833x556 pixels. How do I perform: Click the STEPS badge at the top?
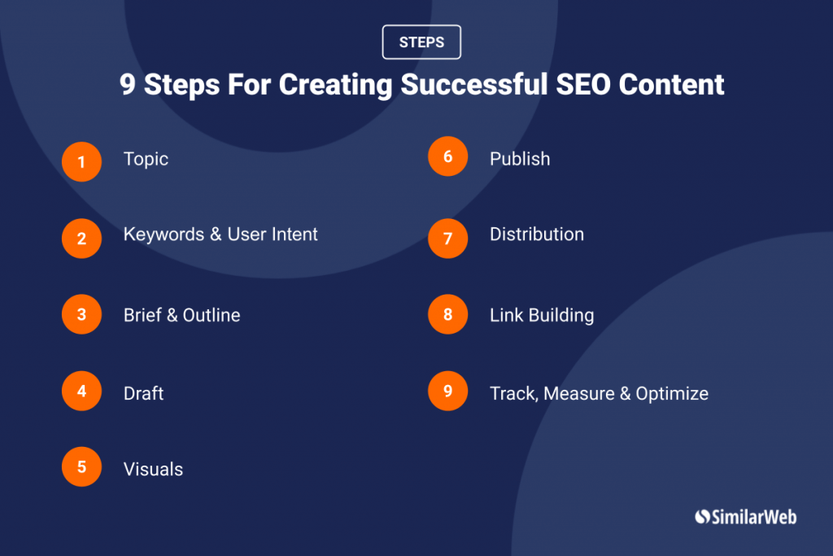(421, 42)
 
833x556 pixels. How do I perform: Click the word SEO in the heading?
(582, 85)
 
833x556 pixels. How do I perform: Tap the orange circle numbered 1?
(82, 162)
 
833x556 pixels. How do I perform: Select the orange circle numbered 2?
(82, 239)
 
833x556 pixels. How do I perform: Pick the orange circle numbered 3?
(82, 314)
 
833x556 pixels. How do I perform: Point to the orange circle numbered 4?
(82, 391)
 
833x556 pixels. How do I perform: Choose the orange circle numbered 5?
(82, 466)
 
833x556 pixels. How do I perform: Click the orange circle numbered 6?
(448, 156)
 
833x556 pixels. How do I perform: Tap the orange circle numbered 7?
(448, 239)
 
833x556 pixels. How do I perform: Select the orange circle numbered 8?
(448, 314)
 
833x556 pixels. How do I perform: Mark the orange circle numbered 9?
(448, 391)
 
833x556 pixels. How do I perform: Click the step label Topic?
(146, 160)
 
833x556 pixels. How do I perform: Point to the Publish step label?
(520, 159)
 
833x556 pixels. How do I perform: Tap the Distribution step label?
(537, 234)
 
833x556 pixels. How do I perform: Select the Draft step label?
(143, 393)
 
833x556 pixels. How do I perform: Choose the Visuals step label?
(153, 470)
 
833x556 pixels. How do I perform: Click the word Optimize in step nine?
(672, 394)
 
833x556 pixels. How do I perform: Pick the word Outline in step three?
(212, 315)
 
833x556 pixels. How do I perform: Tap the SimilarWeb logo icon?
(702, 517)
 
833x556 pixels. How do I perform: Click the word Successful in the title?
(474, 85)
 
